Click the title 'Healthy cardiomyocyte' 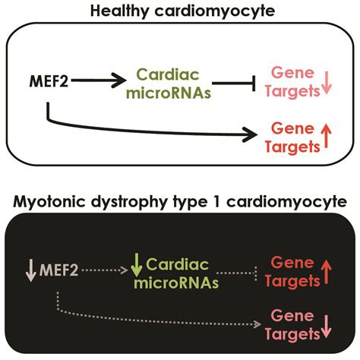point(180,11)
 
